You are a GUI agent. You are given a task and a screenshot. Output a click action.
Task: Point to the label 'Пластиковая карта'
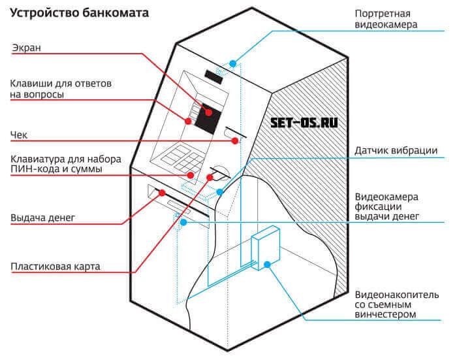(54, 267)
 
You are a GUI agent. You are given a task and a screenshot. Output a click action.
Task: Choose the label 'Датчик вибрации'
(396, 150)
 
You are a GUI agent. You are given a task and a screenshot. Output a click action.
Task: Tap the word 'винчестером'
(385, 315)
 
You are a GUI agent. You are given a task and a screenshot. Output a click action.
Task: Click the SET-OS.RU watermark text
(304, 122)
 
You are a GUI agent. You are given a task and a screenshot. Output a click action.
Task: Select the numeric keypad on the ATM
(178, 157)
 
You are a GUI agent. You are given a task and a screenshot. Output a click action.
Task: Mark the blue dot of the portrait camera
(232, 63)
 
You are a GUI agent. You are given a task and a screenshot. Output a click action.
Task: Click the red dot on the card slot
(211, 176)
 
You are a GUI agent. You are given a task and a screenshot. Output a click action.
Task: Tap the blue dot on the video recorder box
(268, 265)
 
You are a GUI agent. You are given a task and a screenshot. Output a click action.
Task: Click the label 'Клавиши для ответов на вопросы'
(61, 90)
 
